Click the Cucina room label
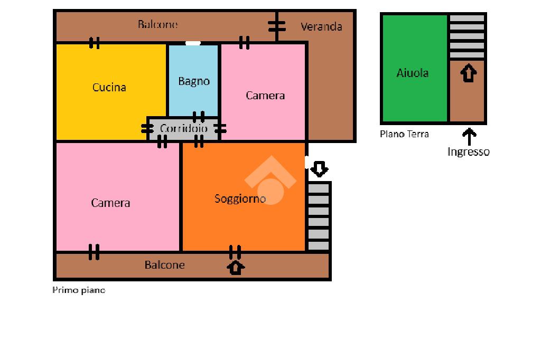coord(109,87)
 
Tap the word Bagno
coord(194,81)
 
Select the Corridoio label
coord(184,128)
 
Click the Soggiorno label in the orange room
coord(240,198)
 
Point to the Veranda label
coord(321,26)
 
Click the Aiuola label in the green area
coord(413,73)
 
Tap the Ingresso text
coord(468,152)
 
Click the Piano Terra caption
coord(404,134)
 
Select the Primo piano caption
coord(79,290)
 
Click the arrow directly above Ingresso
coord(468,137)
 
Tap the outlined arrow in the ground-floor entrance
coord(468,73)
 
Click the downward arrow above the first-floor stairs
coord(319,169)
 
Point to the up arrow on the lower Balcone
coord(236,267)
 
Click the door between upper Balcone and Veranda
coord(276,26)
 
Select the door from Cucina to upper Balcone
coord(94,43)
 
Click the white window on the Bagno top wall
coord(193,43)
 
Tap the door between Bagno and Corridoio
coord(199,117)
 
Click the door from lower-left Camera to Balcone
coord(94,252)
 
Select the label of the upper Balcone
coord(158,24)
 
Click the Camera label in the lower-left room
coord(110,203)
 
